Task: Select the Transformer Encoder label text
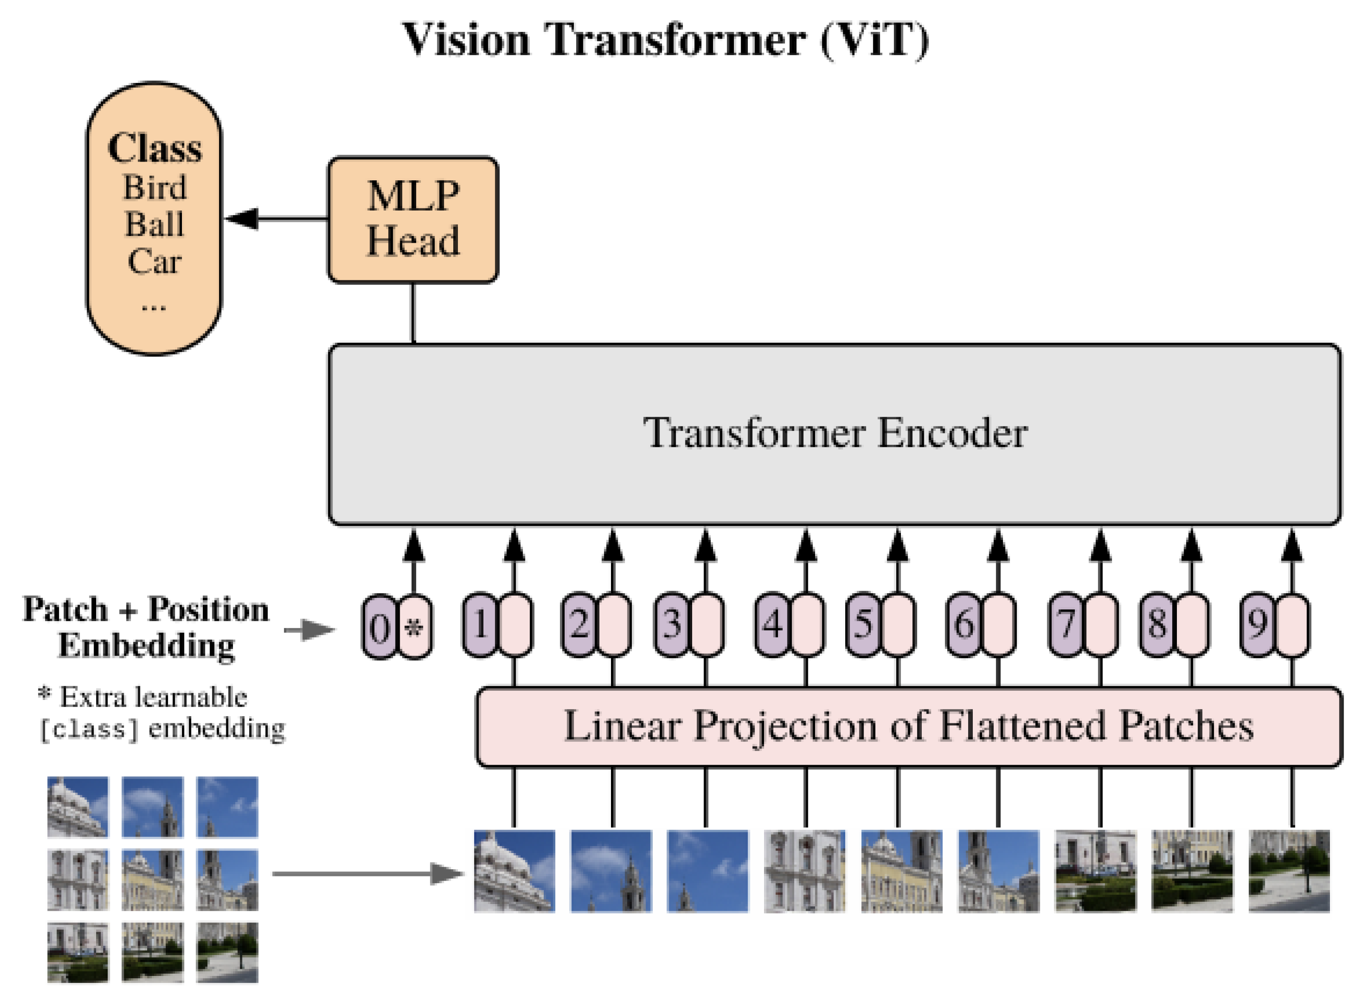click(x=835, y=433)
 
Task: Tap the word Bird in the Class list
click(x=154, y=187)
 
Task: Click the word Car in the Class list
click(x=154, y=262)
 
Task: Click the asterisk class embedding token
click(x=415, y=626)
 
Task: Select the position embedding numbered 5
click(x=863, y=625)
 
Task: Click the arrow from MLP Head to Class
click(x=276, y=219)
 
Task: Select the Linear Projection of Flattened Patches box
click(x=908, y=727)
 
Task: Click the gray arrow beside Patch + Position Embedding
click(x=310, y=630)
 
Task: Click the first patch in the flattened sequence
click(x=514, y=871)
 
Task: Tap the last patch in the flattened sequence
click(x=1289, y=871)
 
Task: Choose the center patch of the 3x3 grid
click(x=153, y=879)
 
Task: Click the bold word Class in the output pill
click(x=154, y=148)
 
